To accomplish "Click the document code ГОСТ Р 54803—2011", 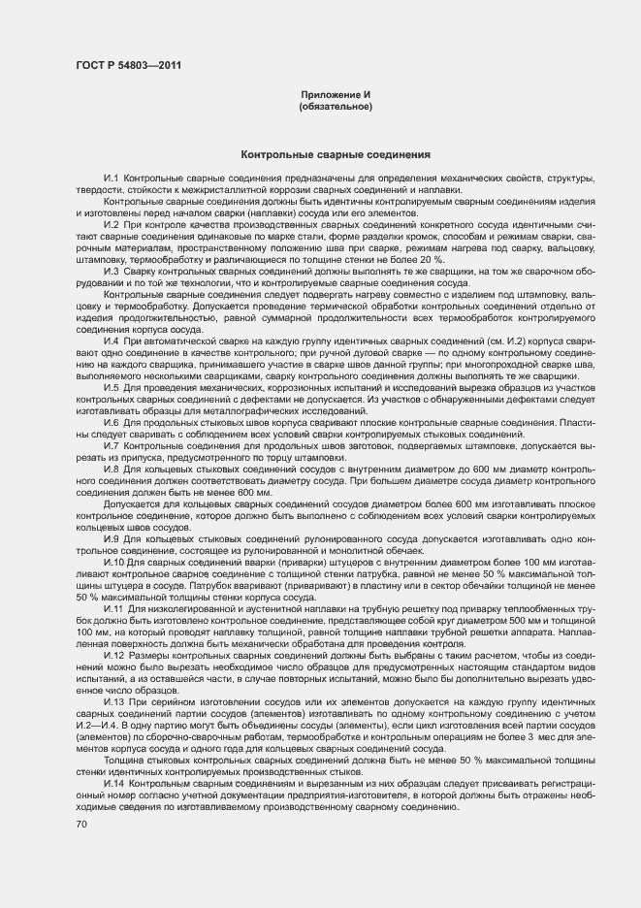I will [x=126, y=66].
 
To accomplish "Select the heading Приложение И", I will [x=336, y=94].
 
